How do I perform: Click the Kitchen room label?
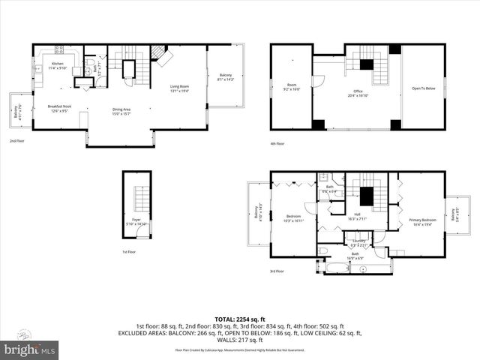click(x=58, y=66)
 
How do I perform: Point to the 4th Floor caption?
click(x=277, y=143)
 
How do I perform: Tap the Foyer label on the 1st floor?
click(x=136, y=221)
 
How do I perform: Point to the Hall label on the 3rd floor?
click(x=358, y=217)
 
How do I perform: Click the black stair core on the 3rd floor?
click(x=366, y=196)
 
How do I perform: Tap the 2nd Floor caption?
click(x=17, y=141)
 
